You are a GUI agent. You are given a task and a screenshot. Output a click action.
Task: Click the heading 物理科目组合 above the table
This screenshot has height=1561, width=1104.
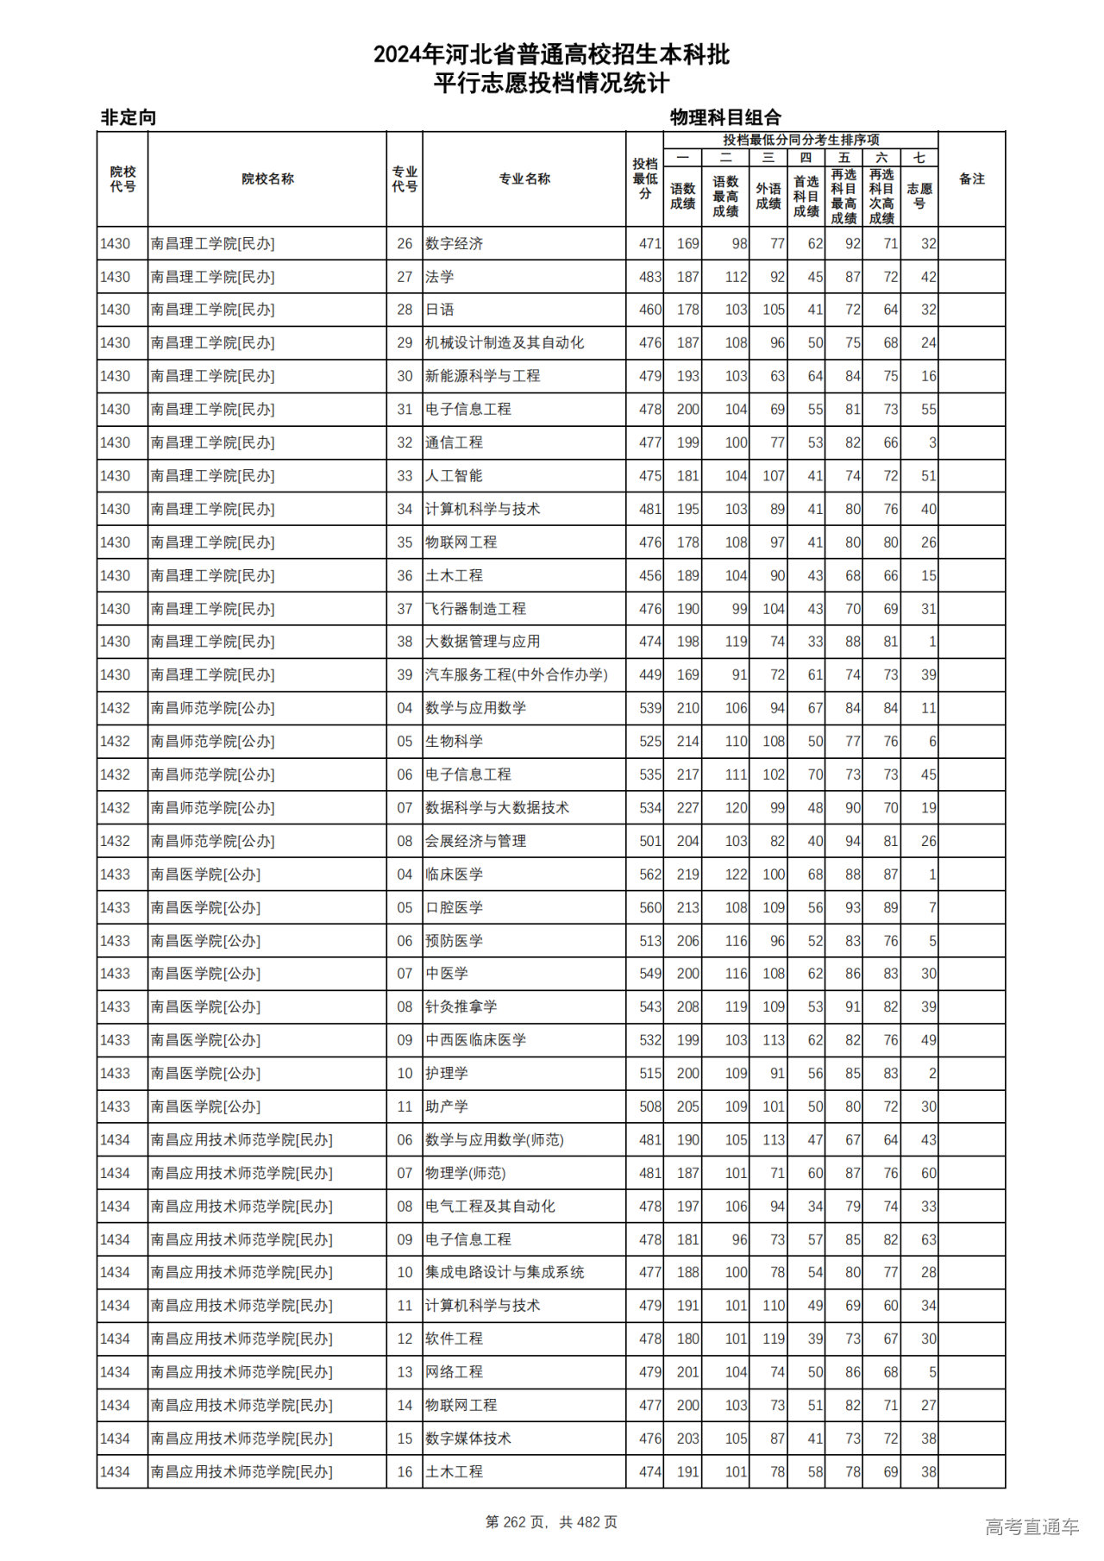click(x=725, y=117)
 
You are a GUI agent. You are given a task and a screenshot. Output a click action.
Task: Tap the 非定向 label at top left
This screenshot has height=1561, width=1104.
click(x=129, y=117)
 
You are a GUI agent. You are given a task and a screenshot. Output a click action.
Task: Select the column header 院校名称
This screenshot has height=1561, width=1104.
click(x=267, y=179)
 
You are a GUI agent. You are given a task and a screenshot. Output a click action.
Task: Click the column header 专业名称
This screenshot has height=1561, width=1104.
click(x=524, y=179)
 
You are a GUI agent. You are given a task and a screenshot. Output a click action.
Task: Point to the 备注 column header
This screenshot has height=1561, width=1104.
click(x=971, y=179)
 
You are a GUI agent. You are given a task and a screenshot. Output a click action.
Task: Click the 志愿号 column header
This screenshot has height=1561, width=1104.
click(x=919, y=196)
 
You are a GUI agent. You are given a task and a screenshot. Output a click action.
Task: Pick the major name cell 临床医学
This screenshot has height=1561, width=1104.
click(x=455, y=875)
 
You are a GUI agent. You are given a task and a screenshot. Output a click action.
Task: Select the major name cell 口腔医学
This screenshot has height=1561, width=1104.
click(x=455, y=907)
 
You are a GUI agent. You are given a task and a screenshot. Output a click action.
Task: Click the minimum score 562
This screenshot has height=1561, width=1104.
click(x=649, y=875)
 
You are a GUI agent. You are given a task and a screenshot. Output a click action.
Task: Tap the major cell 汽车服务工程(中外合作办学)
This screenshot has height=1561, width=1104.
click(x=517, y=674)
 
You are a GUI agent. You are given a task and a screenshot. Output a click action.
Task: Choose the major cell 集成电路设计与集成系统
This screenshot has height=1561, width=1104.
click(x=505, y=1272)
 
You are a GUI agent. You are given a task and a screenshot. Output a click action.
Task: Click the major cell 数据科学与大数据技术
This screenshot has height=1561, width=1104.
click(x=498, y=808)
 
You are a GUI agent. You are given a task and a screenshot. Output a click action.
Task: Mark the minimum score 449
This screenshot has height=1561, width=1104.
click(x=649, y=674)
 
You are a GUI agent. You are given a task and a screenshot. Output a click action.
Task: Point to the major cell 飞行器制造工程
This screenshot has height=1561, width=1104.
click(x=476, y=609)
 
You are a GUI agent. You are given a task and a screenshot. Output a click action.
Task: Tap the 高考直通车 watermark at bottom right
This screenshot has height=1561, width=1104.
click(x=1032, y=1527)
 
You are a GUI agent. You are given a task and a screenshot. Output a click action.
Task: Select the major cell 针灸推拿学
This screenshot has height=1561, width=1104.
click(x=461, y=1006)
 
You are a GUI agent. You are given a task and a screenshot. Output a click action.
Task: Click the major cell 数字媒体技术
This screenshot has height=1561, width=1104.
click(x=468, y=1439)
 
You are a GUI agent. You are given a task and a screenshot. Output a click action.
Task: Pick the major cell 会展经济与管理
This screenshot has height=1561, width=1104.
click(x=476, y=841)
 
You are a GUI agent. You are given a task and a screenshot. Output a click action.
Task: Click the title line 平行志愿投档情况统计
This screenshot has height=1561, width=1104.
click(x=551, y=84)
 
